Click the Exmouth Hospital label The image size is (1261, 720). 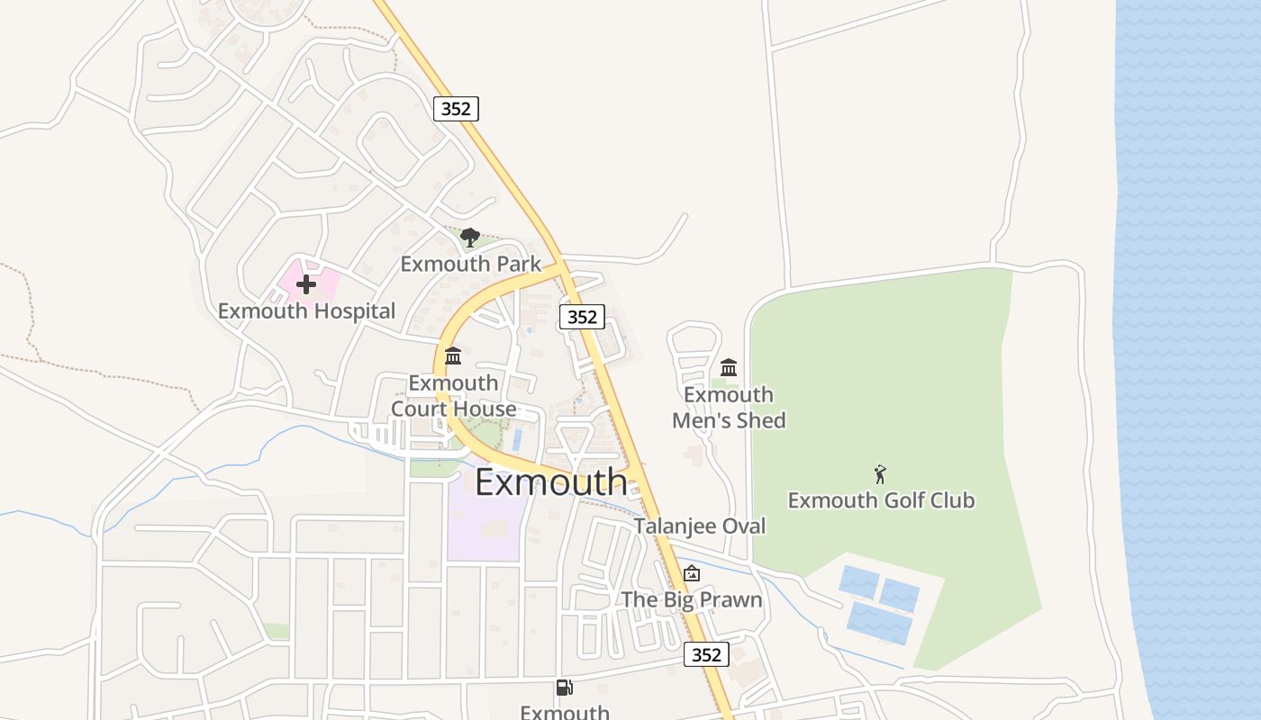coord(306,311)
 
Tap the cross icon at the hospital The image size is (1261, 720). coord(306,284)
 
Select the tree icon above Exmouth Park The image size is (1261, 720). coord(469,238)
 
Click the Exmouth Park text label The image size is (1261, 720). coord(471,264)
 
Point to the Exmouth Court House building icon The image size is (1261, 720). coord(453,356)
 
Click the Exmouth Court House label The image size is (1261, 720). coord(453,396)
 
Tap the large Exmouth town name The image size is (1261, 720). coord(550,482)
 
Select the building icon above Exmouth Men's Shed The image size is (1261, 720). coord(729,367)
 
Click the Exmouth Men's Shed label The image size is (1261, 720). coord(729,408)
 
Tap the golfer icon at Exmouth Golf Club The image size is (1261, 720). coord(880,474)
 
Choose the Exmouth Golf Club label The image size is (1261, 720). coord(881,500)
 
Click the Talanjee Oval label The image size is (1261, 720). coord(700,526)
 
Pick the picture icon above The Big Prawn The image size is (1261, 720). coord(691,573)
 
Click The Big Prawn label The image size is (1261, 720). coord(692,599)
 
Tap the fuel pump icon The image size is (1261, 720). coord(564,688)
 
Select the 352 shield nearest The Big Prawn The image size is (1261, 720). coord(706,655)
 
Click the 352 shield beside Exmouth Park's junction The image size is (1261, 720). coord(582,317)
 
